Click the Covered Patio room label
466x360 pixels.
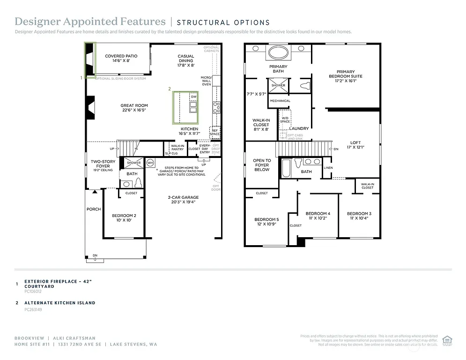(121, 58)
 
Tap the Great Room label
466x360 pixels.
(134, 108)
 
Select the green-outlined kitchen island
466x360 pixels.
(186, 107)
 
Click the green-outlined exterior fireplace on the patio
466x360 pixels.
(89, 59)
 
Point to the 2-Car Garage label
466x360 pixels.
(184, 200)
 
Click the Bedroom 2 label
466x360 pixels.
(124, 217)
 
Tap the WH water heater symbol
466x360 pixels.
(150, 163)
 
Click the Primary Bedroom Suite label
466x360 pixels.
(346, 76)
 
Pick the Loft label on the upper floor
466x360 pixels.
(355, 145)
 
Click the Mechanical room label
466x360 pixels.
(280, 101)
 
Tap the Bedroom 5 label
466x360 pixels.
(266, 222)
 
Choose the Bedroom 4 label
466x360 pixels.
(318, 216)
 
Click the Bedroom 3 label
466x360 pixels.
(359, 216)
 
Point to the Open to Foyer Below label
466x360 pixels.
(262, 165)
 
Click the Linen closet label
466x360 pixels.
(328, 167)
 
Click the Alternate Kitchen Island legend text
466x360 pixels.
(59, 303)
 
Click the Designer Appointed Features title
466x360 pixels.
(90, 22)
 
